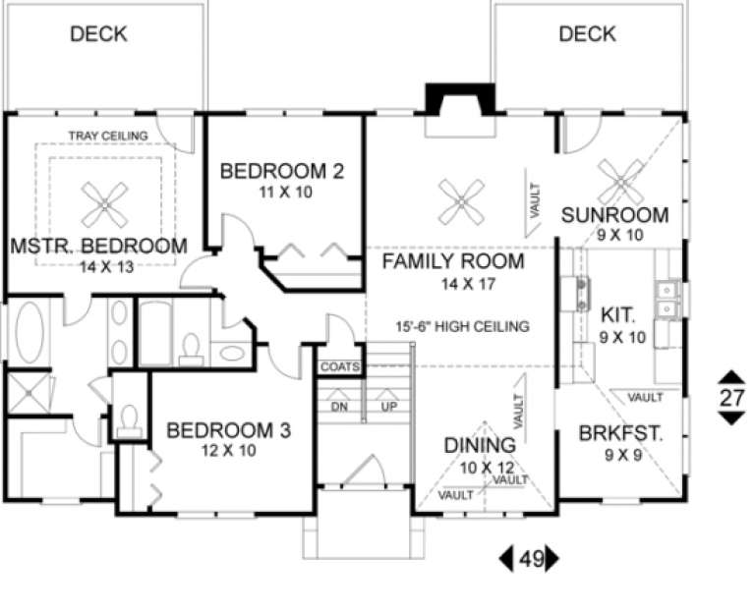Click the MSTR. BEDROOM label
[x=97, y=246]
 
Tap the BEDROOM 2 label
[x=281, y=172]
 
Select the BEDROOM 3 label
[x=228, y=430]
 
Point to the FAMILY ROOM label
[x=452, y=262]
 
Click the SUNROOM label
[x=614, y=215]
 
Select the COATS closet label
[x=337, y=367]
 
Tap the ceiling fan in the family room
[x=459, y=202]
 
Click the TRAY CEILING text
[x=108, y=135]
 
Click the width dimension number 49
[x=531, y=559]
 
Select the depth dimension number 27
[x=730, y=397]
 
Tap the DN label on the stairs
[x=339, y=406]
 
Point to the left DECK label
[x=98, y=34]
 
